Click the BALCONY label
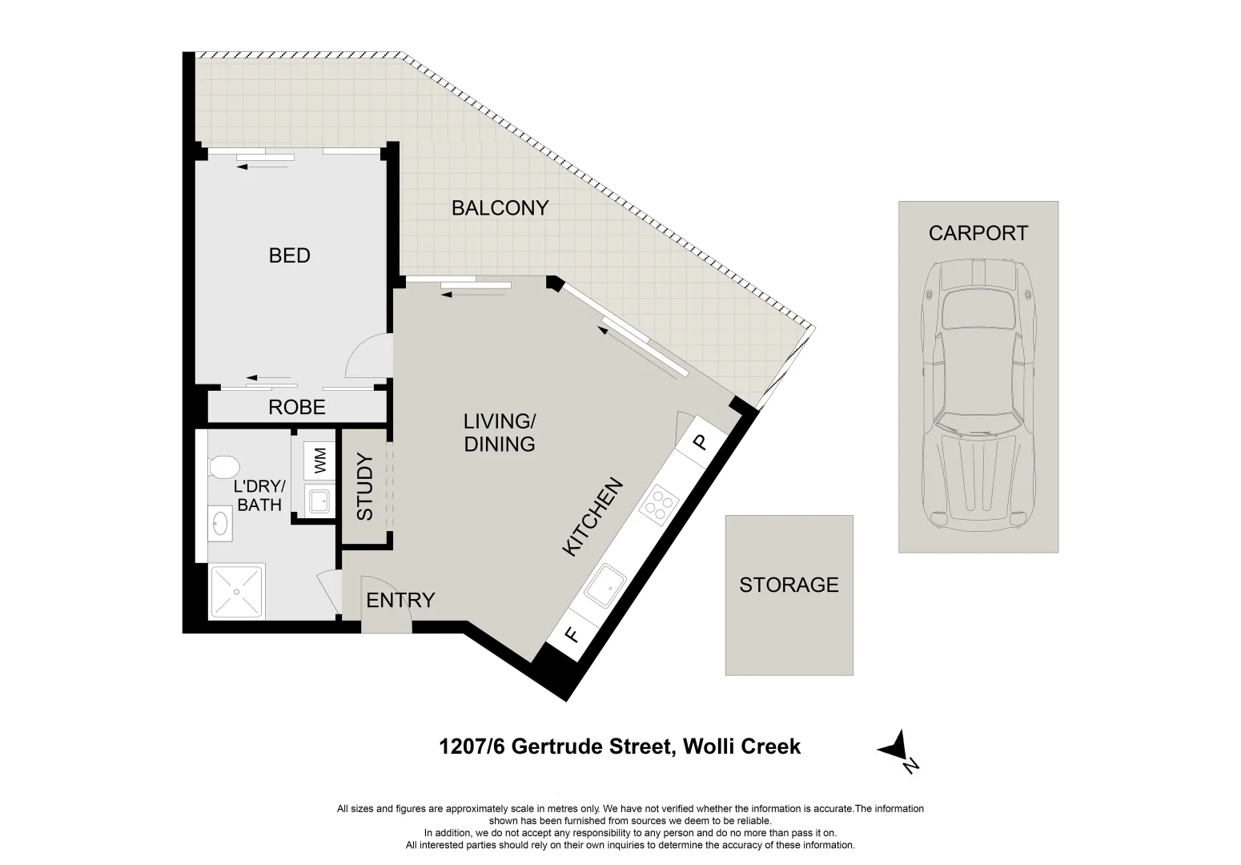coord(500,208)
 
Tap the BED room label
coord(289,255)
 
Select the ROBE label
coord(296,408)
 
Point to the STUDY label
coord(364,487)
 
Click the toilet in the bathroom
coord(223,465)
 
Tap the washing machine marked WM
coord(319,460)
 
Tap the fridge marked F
coord(572,635)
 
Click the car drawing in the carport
coord(977,396)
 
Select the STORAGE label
coord(789,585)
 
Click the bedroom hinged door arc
coord(364,357)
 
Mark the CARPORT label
coord(978,233)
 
